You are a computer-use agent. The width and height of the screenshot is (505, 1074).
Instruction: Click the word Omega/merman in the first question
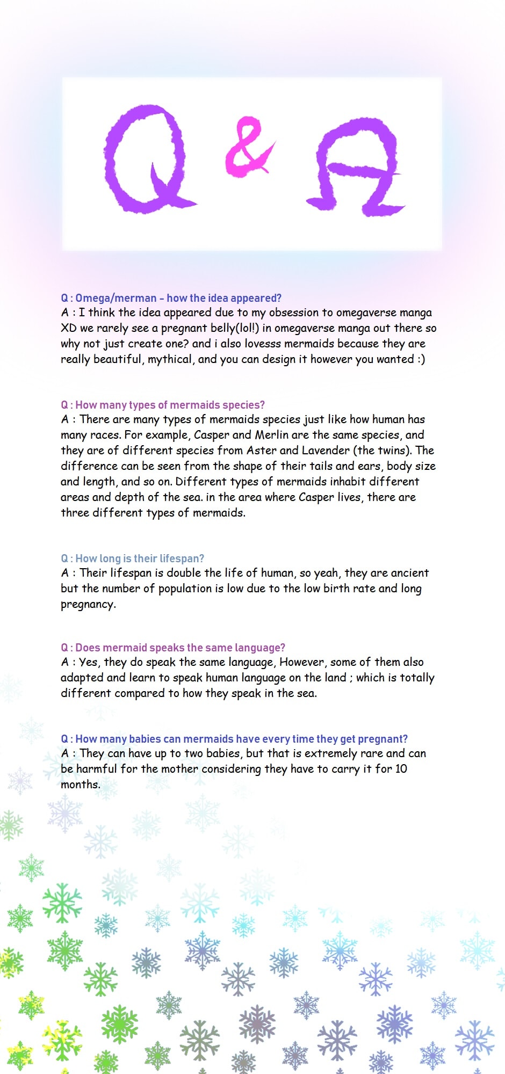[116, 298]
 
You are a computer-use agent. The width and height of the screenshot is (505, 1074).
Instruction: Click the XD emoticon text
[69, 328]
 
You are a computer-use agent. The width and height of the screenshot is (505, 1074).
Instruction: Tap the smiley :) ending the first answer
[421, 359]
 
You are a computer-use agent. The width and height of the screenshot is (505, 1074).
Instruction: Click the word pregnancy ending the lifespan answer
[88, 605]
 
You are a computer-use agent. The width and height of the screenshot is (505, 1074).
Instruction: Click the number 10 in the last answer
[401, 769]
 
